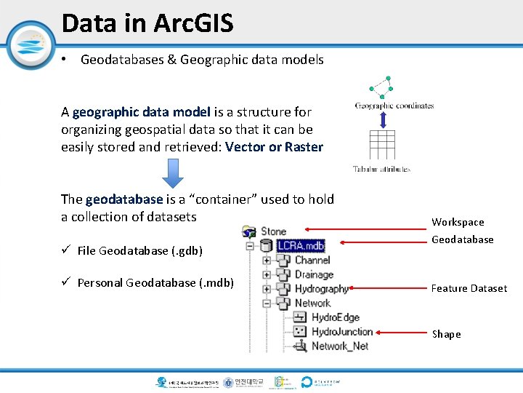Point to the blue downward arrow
174,173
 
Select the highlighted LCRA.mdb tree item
301,245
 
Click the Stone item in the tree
274,231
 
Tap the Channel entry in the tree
312,260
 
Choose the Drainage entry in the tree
314,274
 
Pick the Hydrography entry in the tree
321,289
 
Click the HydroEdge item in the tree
335,317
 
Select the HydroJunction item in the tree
341,332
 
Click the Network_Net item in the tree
339,346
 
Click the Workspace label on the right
458,222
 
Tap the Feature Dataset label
469,288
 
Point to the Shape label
446,334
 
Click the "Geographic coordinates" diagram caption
394,106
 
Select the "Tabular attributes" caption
381,169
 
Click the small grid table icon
381,144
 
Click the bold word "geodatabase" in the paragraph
123,199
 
